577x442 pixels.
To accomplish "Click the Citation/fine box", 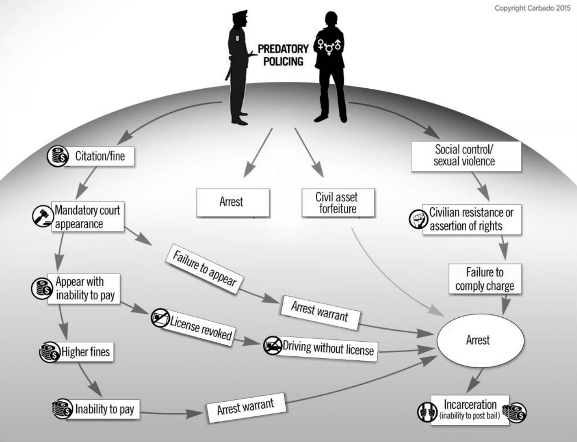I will click(100, 156).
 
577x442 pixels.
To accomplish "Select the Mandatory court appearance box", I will click(88, 217).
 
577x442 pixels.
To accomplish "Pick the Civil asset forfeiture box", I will click(338, 203).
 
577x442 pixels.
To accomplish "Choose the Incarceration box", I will click(470, 409).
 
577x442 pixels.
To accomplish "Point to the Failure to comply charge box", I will click(484, 279).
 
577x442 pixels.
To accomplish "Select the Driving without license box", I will click(328, 347).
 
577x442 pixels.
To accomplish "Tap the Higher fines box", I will click(85, 352).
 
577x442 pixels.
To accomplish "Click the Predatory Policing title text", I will click(283, 55).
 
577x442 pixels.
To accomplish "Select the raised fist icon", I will click(417, 219).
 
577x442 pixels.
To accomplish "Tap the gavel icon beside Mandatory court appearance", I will click(43, 217).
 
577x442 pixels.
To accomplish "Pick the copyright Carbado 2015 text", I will click(532, 8).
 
